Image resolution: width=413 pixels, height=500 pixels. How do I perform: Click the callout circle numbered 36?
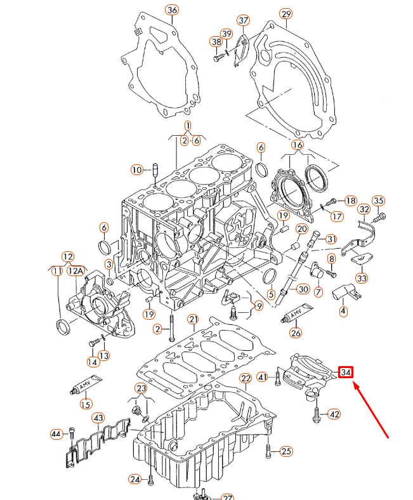coord(172,10)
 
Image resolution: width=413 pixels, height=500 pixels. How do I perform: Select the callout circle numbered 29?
coord(285,14)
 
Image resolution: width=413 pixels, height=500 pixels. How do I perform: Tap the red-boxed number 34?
coord(346,372)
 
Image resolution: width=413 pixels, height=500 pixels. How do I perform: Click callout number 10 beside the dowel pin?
coord(137,169)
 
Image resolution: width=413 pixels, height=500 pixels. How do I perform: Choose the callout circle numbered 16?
coord(298,145)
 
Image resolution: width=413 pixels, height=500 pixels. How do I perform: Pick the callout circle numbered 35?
coord(378,202)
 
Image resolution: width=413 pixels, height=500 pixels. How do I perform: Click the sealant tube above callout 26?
coord(295,315)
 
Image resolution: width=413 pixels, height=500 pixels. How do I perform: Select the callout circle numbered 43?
coord(98,418)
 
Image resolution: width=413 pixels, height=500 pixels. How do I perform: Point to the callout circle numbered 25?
coord(286,452)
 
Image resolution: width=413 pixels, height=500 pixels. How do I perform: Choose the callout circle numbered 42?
coord(334,414)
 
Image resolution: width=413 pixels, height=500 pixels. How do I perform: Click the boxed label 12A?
coord(76,271)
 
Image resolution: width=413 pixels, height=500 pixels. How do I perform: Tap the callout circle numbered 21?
coord(193,319)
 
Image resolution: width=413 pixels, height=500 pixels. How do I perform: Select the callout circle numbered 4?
coord(343,312)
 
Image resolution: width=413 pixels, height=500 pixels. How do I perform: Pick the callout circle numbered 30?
coord(303,289)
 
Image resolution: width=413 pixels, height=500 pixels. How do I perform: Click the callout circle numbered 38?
coord(216,43)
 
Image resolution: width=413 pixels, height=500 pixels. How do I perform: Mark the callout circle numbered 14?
coord(93,362)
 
